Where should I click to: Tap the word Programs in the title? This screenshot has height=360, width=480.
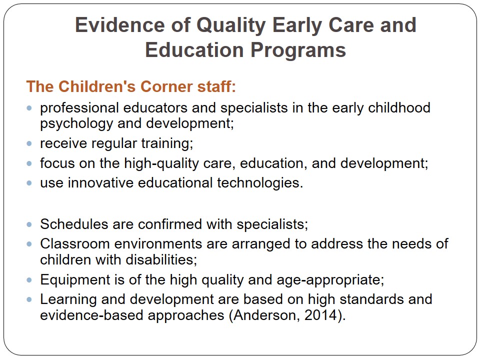pos(298,50)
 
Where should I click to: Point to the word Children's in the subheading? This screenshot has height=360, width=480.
pos(97,86)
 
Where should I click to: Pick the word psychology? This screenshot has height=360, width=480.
pos(76,124)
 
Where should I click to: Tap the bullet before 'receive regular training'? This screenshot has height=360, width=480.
pos(29,143)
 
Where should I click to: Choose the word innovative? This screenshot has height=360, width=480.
pos(100,183)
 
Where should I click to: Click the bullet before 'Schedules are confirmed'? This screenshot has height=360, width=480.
pos(29,224)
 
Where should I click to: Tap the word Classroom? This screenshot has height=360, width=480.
pos(75,244)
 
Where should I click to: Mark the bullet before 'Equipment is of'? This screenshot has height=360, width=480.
pos(29,280)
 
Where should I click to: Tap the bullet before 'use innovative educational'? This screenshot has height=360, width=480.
pos(29,183)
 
